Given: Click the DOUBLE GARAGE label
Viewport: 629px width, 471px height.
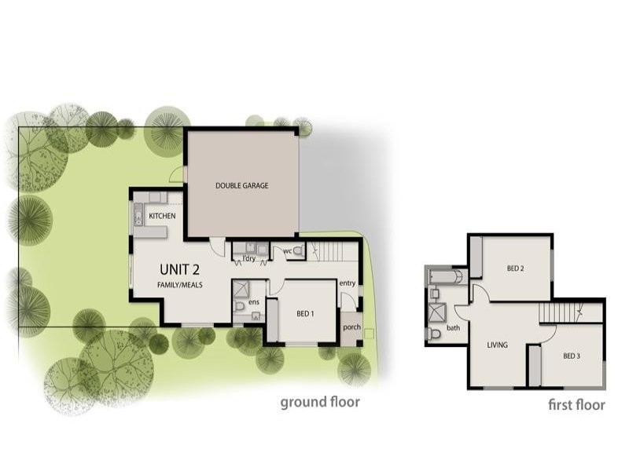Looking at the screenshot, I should (242, 186).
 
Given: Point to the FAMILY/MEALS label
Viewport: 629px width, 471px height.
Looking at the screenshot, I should (180, 285).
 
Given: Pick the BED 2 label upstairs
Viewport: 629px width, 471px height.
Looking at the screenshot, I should (516, 268).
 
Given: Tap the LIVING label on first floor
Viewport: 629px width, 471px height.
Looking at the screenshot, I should (497, 345).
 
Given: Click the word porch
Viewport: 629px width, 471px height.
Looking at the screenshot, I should (351, 327).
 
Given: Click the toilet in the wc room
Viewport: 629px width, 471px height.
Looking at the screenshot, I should (296, 250).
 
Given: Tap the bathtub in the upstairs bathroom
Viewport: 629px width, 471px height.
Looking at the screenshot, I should (446, 276).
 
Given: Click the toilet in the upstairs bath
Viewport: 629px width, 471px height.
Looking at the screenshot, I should (434, 334).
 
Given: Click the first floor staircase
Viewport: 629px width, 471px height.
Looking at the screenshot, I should (559, 312).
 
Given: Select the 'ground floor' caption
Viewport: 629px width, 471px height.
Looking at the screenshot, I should (320, 403).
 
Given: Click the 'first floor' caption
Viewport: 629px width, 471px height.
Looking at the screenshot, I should (576, 405).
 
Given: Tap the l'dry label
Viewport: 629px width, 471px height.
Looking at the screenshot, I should (249, 258).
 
